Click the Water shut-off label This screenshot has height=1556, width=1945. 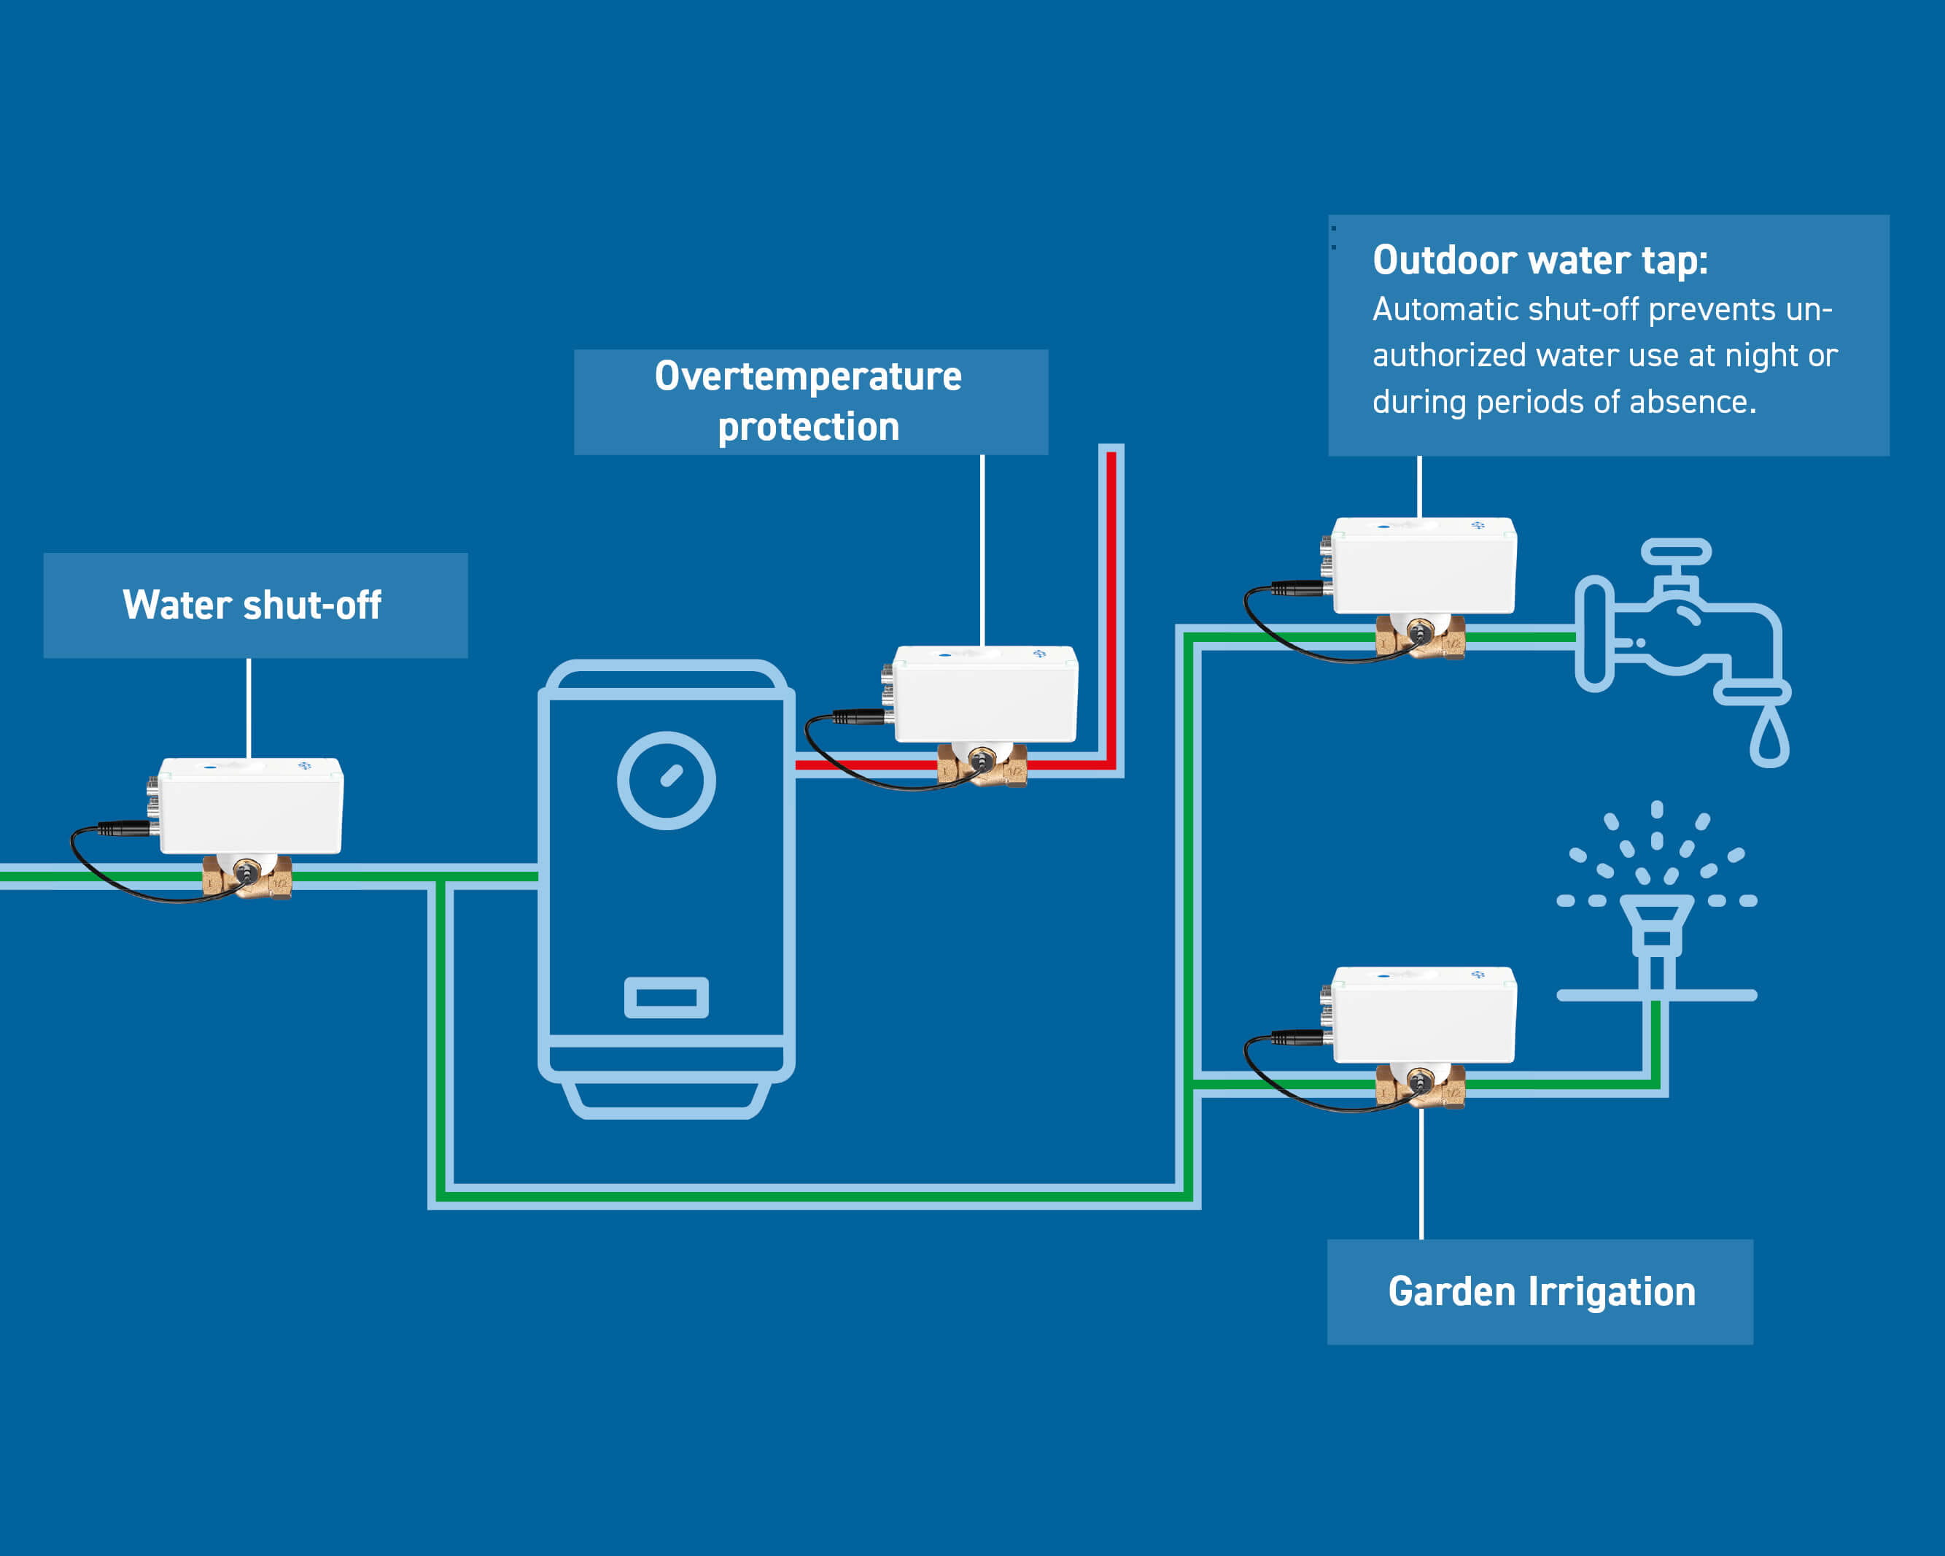click(252, 605)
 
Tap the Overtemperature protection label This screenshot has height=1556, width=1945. click(808, 402)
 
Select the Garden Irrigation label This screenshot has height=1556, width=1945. click(1541, 1291)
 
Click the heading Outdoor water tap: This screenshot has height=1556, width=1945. click(1540, 260)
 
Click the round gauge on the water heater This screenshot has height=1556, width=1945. click(666, 780)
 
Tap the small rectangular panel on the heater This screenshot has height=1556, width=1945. click(666, 997)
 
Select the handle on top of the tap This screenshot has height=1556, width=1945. click(1675, 551)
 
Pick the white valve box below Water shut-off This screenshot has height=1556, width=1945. click(251, 806)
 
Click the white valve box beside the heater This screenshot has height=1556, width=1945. click(985, 694)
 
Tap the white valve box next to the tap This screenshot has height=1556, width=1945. click(1424, 566)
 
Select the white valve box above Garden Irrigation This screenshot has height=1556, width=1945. click(1424, 1015)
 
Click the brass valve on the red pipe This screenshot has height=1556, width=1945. click(982, 765)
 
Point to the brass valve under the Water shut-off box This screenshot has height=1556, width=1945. click(246, 876)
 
